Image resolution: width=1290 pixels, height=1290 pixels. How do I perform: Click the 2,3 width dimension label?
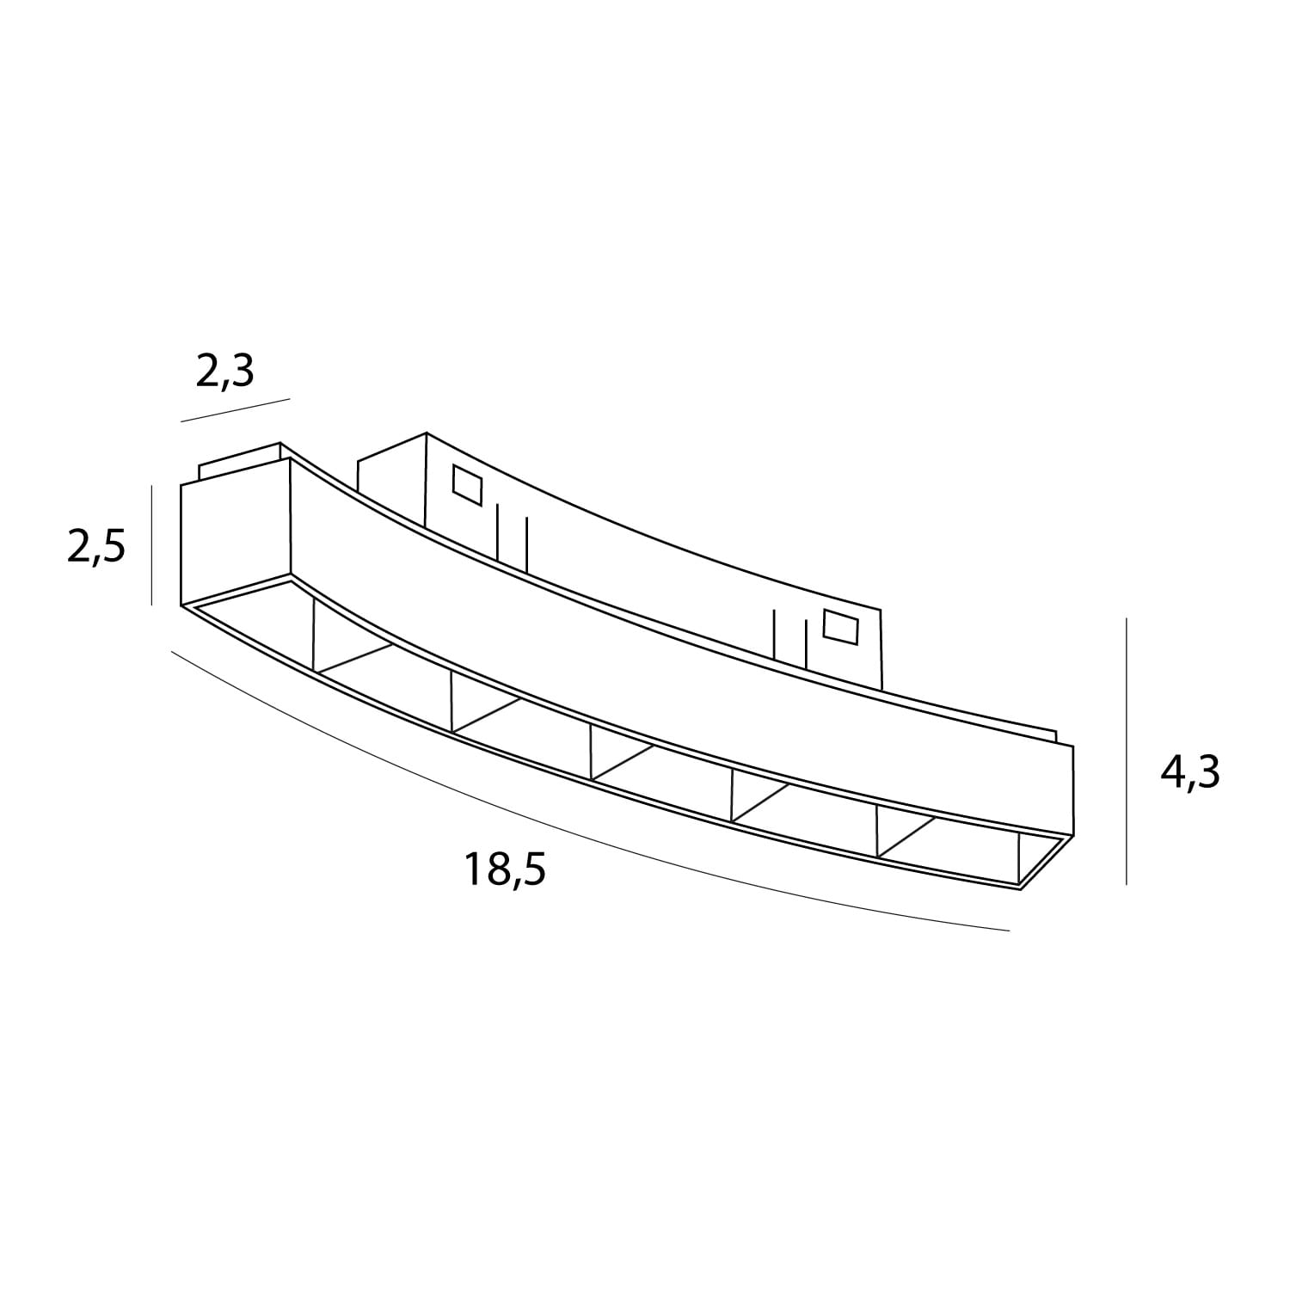pos(225,371)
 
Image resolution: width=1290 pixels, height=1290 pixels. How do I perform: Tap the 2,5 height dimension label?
pos(96,548)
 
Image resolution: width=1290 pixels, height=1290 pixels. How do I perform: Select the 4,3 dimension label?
pos(1190,774)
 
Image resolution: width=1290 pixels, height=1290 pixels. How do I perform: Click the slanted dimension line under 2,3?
pos(235,410)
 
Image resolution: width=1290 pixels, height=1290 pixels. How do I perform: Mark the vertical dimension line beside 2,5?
pos(151,544)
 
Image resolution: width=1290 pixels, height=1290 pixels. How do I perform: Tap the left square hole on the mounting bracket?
pos(469,486)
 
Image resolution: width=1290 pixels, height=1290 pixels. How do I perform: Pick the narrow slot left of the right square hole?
pos(789,636)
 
